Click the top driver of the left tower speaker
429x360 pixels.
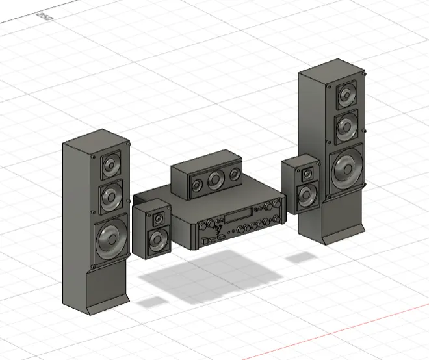click(x=110, y=164)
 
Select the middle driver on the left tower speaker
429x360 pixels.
click(x=111, y=196)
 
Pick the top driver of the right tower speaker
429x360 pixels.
click(x=346, y=96)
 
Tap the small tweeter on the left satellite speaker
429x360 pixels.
click(x=158, y=218)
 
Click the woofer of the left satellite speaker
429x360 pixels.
click(x=157, y=240)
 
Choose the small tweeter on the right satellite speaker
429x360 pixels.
click(x=307, y=173)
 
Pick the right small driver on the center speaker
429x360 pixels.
click(x=234, y=176)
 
